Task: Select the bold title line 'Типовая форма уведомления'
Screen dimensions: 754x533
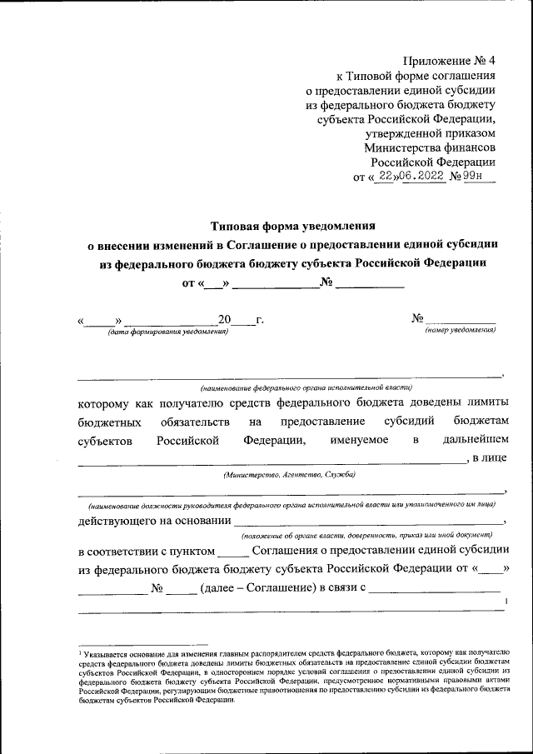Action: tap(294, 225)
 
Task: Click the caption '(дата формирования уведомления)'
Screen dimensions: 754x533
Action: tap(167, 332)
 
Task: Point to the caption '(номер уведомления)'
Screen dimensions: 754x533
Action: tap(461, 331)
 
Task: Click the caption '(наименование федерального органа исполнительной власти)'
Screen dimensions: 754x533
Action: tap(306, 388)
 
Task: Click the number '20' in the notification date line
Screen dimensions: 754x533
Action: tap(223, 320)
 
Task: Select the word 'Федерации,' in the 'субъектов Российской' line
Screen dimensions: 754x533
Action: tap(274, 439)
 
